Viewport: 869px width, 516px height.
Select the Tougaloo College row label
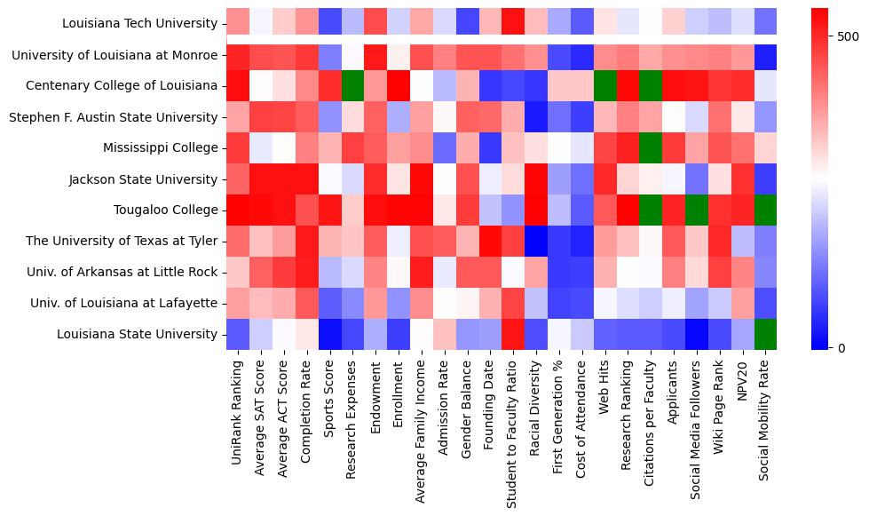coord(165,210)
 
